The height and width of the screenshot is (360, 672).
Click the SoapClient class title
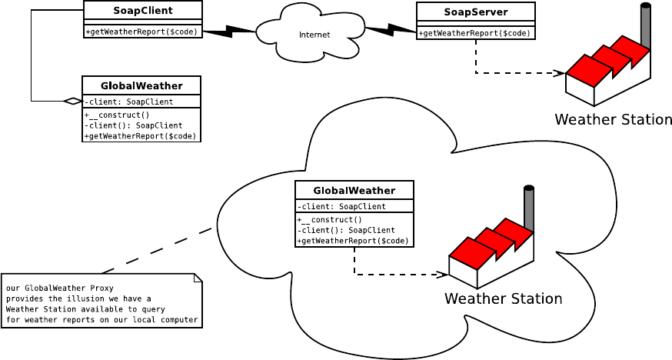(x=143, y=11)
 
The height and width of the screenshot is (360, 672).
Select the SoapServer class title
(x=476, y=12)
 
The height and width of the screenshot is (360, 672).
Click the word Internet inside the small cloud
(x=314, y=35)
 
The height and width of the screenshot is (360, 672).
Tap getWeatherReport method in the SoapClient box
(x=143, y=32)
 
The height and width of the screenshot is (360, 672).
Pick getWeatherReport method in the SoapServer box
(x=476, y=33)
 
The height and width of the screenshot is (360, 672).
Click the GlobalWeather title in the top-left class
(x=141, y=85)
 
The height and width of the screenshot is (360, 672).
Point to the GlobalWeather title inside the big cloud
(x=354, y=191)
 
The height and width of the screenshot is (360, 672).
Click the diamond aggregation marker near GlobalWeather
(x=73, y=101)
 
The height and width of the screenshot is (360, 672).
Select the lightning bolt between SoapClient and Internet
(x=228, y=32)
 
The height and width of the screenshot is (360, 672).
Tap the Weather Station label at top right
(x=613, y=120)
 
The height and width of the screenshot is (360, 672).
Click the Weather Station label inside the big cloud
(x=503, y=298)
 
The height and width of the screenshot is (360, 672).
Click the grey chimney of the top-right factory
(x=646, y=27)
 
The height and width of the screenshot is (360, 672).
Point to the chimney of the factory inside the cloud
(x=529, y=208)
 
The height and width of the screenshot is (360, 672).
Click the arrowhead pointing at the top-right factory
(x=561, y=73)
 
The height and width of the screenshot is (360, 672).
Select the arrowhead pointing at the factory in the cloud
(x=444, y=274)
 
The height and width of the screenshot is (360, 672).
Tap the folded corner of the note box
(x=198, y=278)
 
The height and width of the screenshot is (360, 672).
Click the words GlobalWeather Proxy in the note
(x=58, y=288)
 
